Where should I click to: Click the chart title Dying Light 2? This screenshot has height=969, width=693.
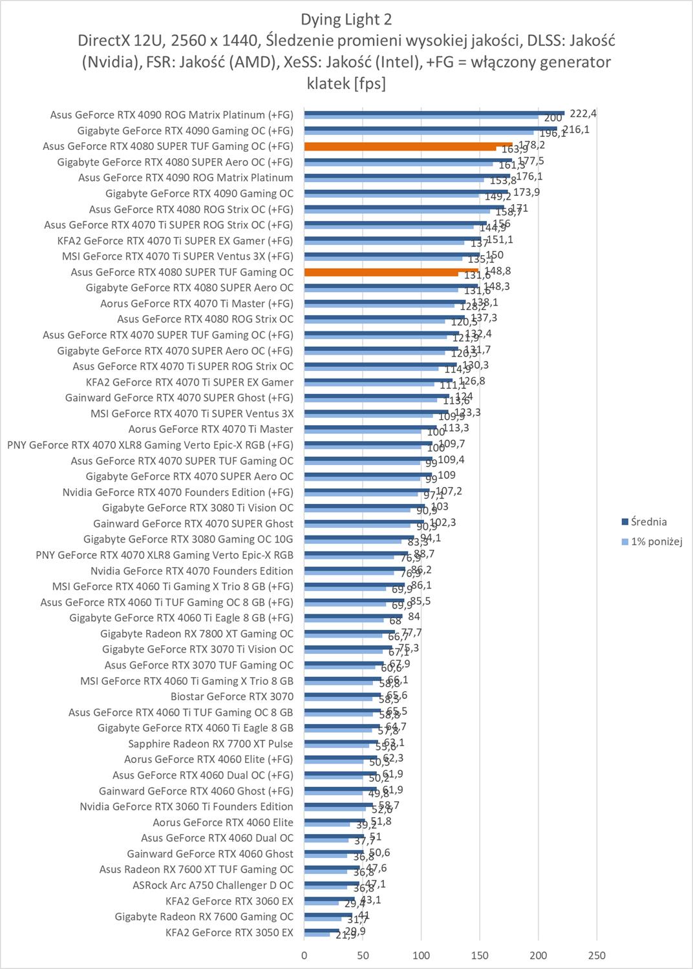pos(346,19)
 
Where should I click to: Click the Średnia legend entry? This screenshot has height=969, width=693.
pos(648,522)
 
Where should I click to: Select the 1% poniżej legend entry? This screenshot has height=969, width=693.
pos(656,542)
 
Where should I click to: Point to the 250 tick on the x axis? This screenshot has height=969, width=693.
pos(597,955)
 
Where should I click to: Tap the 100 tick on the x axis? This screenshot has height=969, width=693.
pos(421,955)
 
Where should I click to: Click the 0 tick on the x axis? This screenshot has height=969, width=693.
pos(304,955)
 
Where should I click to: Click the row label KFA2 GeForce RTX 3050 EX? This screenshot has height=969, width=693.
pos(229,932)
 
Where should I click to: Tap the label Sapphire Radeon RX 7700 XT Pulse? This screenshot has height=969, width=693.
pos(211,744)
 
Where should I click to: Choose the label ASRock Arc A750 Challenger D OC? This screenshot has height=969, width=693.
pos(213,885)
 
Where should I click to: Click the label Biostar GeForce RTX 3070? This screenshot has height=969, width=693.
pos(232,696)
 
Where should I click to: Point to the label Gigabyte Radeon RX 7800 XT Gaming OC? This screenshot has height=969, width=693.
pos(197,634)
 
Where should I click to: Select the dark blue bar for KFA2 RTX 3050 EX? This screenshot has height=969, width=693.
pos(322,930)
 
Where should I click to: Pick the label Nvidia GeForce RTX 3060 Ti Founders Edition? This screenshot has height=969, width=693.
pos(186,806)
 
